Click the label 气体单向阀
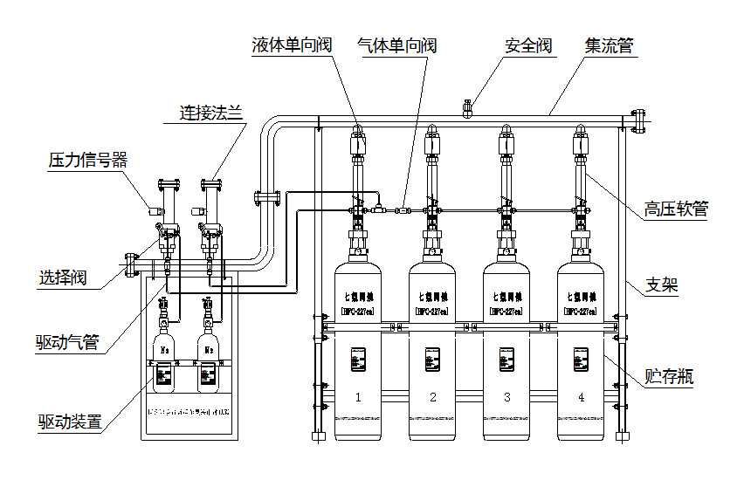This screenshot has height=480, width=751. (x=397, y=45)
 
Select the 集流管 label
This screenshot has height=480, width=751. (x=609, y=45)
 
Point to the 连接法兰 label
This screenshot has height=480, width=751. (x=210, y=112)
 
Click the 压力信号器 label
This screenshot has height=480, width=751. (x=87, y=160)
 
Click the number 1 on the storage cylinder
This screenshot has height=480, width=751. (x=358, y=397)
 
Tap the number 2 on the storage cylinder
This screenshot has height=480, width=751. (x=432, y=397)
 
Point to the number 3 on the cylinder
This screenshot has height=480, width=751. (x=506, y=397)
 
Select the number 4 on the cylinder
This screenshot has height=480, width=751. (x=581, y=397)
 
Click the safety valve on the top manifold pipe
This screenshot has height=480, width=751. (x=467, y=108)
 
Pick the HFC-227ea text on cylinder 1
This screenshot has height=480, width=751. (x=358, y=310)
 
